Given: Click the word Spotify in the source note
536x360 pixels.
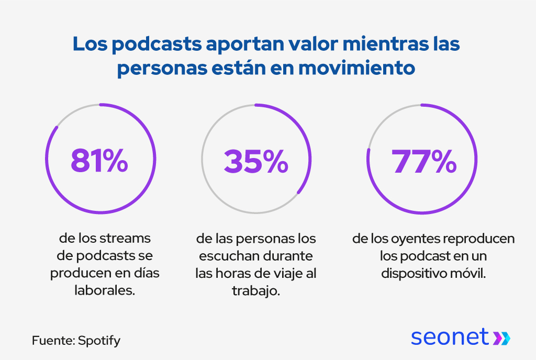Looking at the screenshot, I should point(99,341).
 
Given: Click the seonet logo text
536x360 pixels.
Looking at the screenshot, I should point(449,337).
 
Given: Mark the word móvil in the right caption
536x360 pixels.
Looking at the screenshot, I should point(472,274).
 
